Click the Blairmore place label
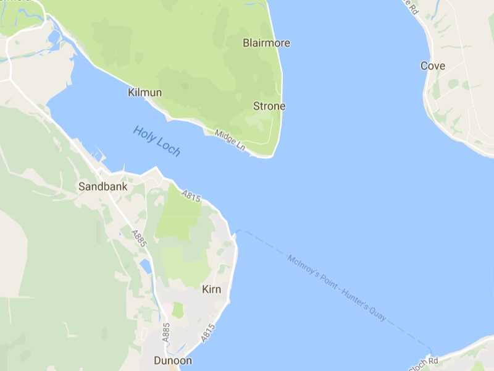(x=266, y=43)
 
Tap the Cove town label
(x=433, y=66)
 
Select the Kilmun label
(x=144, y=93)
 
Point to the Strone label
(x=269, y=106)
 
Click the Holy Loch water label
(x=156, y=140)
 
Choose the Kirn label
(x=211, y=289)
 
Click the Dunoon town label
(x=173, y=360)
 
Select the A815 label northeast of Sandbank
(x=191, y=196)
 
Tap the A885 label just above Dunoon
(x=165, y=331)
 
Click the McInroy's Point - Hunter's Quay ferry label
(x=337, y=288)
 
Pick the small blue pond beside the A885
(x=145, y=267)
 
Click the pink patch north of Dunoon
(x=165, y=307)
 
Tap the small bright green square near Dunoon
(x=178, y=310)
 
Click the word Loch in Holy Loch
(x=169, y=147)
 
